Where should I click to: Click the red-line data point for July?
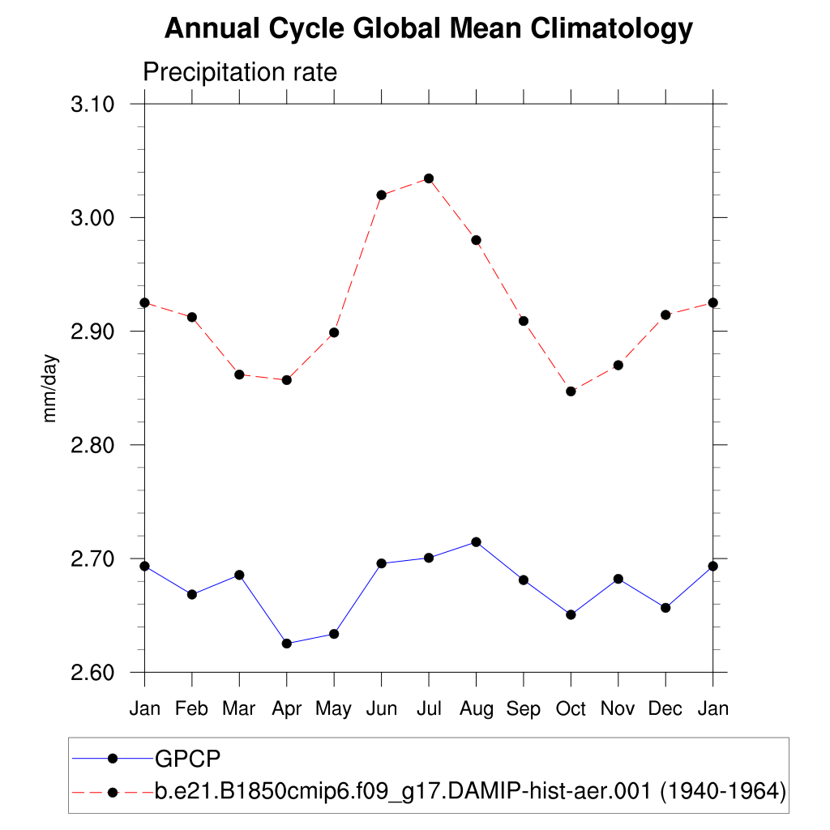(429, 178)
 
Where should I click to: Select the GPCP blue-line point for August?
(477, 541)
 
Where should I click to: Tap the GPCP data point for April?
(287, 644)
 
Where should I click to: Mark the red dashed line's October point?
(571, 391)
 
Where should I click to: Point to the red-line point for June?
(382, 195)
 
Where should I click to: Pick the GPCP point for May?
(334, 634)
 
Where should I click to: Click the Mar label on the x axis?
(239, 709)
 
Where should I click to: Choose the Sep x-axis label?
(524, 709)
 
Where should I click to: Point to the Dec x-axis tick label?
(665, 709)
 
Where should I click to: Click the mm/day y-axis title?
(50, 388)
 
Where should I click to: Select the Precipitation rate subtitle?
(240, 72)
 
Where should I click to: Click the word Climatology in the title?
(613, 29)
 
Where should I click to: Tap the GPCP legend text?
(188, 759)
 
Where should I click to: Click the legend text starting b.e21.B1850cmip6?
(470, 791)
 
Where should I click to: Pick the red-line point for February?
(192, 317)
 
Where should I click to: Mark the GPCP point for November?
(618, 579)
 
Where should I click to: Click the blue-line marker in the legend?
(113, 759)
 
